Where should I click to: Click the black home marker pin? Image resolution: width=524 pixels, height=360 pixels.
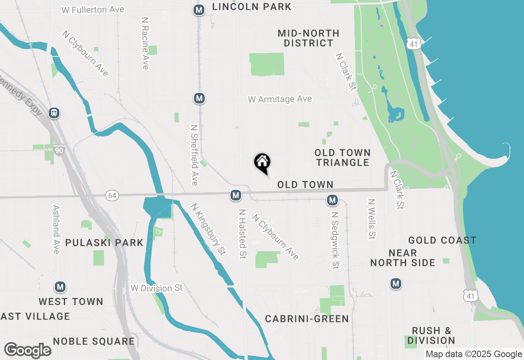tap(262, 162)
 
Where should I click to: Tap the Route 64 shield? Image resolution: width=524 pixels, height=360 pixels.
tap(113, 196)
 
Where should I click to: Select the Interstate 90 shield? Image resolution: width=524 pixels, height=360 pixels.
tap(59, 151)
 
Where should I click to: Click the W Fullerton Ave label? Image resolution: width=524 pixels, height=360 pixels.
tap(93, 9)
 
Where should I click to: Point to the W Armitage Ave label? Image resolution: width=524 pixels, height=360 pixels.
tap(280, 99)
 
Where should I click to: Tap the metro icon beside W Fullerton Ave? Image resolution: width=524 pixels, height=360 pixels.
tap(199, 10)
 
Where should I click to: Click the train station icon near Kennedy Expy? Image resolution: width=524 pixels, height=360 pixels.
tap(54, 112)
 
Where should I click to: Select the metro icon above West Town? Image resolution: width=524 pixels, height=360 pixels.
tap(61, 287)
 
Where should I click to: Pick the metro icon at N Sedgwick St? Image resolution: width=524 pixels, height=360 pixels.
tap(332, 200)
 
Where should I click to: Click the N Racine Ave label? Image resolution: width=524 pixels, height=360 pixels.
tap(145, 43)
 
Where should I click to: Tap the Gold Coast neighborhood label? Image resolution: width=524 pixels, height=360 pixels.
tap(442, 240)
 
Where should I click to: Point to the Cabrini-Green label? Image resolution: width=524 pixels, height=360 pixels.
tap(307, 319)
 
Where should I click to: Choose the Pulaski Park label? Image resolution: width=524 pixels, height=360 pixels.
tap(104, 243)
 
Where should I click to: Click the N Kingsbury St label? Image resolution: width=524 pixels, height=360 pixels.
tap(208, 229)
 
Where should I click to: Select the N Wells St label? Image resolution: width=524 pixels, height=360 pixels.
tap(372, 219)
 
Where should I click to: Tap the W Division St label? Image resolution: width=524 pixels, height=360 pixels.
tap(156, 288)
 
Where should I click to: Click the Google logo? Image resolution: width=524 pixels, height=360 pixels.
tap(27, 350)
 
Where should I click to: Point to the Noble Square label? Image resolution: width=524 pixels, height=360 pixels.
tap(94, 341)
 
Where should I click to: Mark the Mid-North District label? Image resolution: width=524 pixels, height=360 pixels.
tap(309, 38)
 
